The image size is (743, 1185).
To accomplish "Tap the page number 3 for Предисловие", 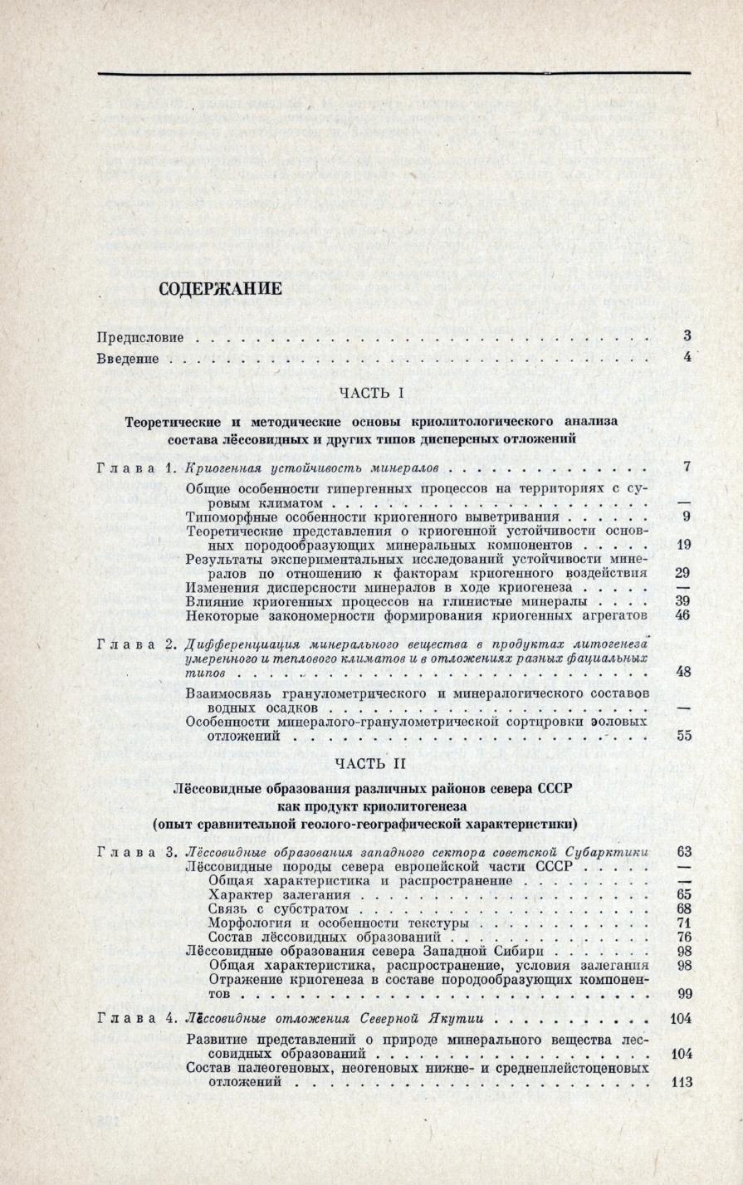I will click(687, 336).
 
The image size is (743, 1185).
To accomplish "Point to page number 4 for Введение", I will click(687, 358).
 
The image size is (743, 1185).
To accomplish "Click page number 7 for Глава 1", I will click(687, 467).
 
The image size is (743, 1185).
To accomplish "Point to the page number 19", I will click(684, 545).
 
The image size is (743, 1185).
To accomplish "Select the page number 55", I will click(684, 735).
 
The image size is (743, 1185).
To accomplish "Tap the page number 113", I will click(680, 1083).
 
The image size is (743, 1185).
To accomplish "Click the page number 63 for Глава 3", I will click(684, 852).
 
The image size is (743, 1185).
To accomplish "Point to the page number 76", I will click(684, 938).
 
